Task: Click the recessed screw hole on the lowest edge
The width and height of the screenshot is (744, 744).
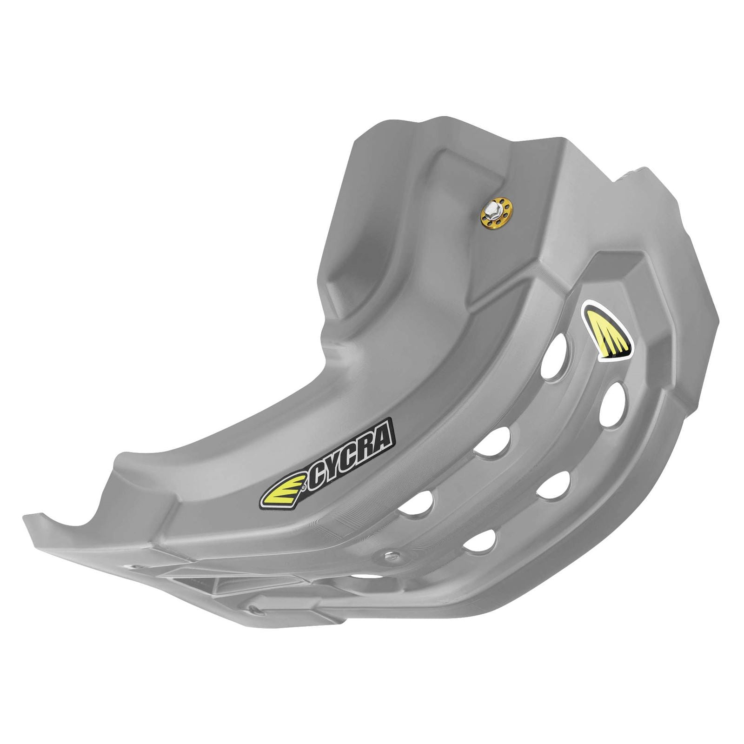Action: [x=253, y=608]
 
